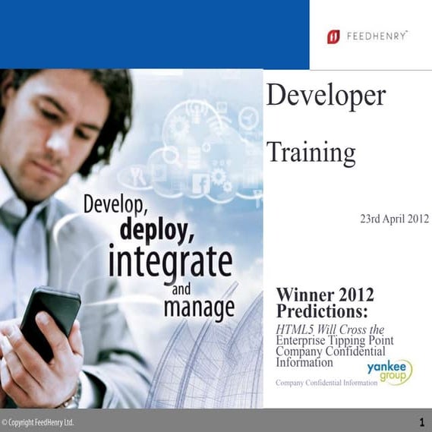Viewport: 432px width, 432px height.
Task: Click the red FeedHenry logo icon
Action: coord(333,36)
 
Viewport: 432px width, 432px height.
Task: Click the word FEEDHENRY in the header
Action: coord(377,36)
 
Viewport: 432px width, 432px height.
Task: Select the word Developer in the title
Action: coord(326,96)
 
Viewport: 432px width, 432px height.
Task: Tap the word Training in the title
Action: coord(311,153)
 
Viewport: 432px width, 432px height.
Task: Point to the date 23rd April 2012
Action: coord(394,219)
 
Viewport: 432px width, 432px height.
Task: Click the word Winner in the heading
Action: coord(305,295)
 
